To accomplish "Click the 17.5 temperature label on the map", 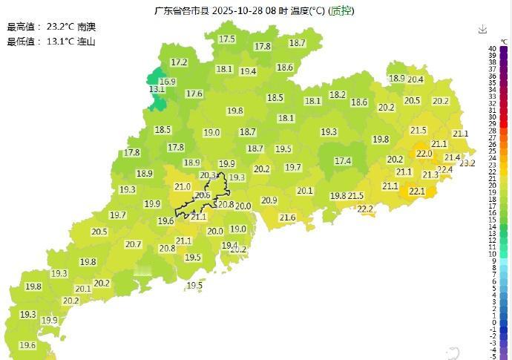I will (226, 39).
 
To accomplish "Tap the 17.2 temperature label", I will (179, 62).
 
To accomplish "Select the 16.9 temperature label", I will (168, 82).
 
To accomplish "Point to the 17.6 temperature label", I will (194, 94).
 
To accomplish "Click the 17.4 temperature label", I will (343, 160).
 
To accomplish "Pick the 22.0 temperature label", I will (424, 154).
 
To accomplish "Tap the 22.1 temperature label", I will (417, 192).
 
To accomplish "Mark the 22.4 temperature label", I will (444, 170).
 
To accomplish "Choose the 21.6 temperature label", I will (287, 217).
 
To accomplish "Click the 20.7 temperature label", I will (134, 244).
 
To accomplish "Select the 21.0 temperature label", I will (182, 187).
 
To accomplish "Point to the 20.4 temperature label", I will (415, 79).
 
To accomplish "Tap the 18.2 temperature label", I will (338, 95).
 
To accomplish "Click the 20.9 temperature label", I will (269, 200).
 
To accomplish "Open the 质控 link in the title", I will (341, 11).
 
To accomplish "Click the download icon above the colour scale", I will (483, 29).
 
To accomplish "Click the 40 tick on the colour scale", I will (493, 49).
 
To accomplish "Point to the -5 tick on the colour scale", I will (493, 356).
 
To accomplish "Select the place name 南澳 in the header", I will (87, 27).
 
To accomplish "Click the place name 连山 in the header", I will (87, 42).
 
